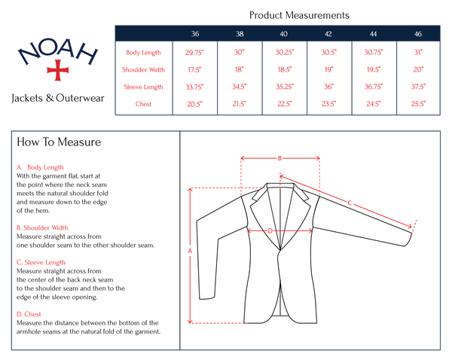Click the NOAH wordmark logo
(57, 53)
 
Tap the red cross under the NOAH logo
(57, 70)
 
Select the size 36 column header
(195, 34)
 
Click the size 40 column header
(283, 34)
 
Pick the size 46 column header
(418, 34)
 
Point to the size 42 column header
(328, 34)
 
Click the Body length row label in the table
(144, 52)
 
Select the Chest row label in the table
(144, 104)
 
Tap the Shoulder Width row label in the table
(144, 69)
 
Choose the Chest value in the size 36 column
(194, 104)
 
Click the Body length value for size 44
(374, 52)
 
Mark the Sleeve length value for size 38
(240, 87)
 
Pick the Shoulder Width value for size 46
(418, 69)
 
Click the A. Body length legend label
(41, 167)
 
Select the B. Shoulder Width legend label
(43, 227)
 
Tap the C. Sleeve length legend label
(41, 262)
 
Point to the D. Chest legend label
(29, 314)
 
